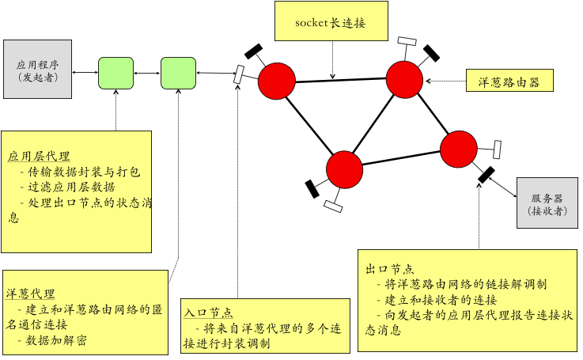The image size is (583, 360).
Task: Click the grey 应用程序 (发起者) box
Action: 37,69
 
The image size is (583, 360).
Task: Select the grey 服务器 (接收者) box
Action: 547,203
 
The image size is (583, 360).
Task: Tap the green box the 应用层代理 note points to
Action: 116,73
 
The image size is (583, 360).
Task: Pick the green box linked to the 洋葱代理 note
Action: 178,73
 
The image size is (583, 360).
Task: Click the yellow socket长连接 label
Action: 331,22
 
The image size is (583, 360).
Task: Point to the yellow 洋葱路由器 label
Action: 509,81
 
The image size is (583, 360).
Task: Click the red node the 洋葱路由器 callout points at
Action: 405,78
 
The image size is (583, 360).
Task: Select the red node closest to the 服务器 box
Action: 459,149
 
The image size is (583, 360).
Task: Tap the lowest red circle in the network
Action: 344,169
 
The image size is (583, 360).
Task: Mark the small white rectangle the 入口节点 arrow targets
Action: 238,74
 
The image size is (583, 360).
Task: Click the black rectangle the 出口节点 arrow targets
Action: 486,173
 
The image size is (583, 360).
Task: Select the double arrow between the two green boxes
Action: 147,74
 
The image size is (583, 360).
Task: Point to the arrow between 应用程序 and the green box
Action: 85,73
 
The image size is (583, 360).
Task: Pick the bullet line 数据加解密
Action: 55,340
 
